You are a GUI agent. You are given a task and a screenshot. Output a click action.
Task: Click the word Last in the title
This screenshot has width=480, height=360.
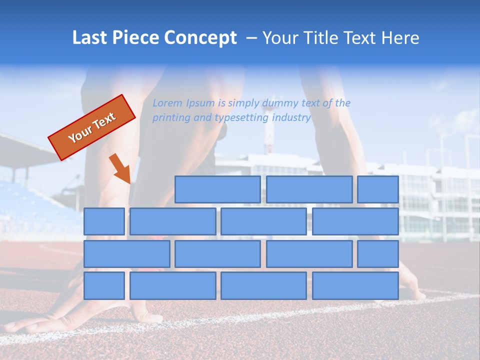click(90, 37)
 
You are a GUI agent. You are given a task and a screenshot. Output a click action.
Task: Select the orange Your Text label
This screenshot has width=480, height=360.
click(92, 127)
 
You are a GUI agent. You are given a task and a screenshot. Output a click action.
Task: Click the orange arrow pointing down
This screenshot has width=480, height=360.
click(120, 168)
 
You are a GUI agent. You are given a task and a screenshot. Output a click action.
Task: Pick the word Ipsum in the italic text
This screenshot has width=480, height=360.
click(200, 103)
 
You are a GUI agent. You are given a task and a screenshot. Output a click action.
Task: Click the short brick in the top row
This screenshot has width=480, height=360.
click(378, 189)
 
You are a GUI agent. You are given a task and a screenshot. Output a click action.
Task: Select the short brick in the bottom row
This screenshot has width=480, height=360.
click(104, 285)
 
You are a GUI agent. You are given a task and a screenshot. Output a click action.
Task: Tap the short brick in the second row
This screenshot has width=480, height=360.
click(104, 221)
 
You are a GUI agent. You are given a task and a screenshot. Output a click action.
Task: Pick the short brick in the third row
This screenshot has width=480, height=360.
click(378, 253)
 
